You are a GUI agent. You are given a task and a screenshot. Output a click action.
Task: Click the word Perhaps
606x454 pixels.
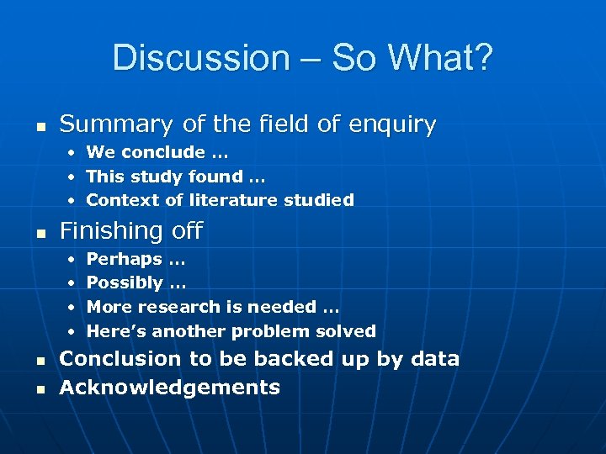coord(124,259)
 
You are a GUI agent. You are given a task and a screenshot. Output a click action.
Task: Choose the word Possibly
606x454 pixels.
coord(125,283)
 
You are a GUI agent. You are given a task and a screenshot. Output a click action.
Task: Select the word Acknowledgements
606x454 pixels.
coord(169,388)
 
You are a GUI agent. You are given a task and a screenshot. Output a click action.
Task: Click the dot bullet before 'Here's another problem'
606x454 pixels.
coord(73,331)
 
